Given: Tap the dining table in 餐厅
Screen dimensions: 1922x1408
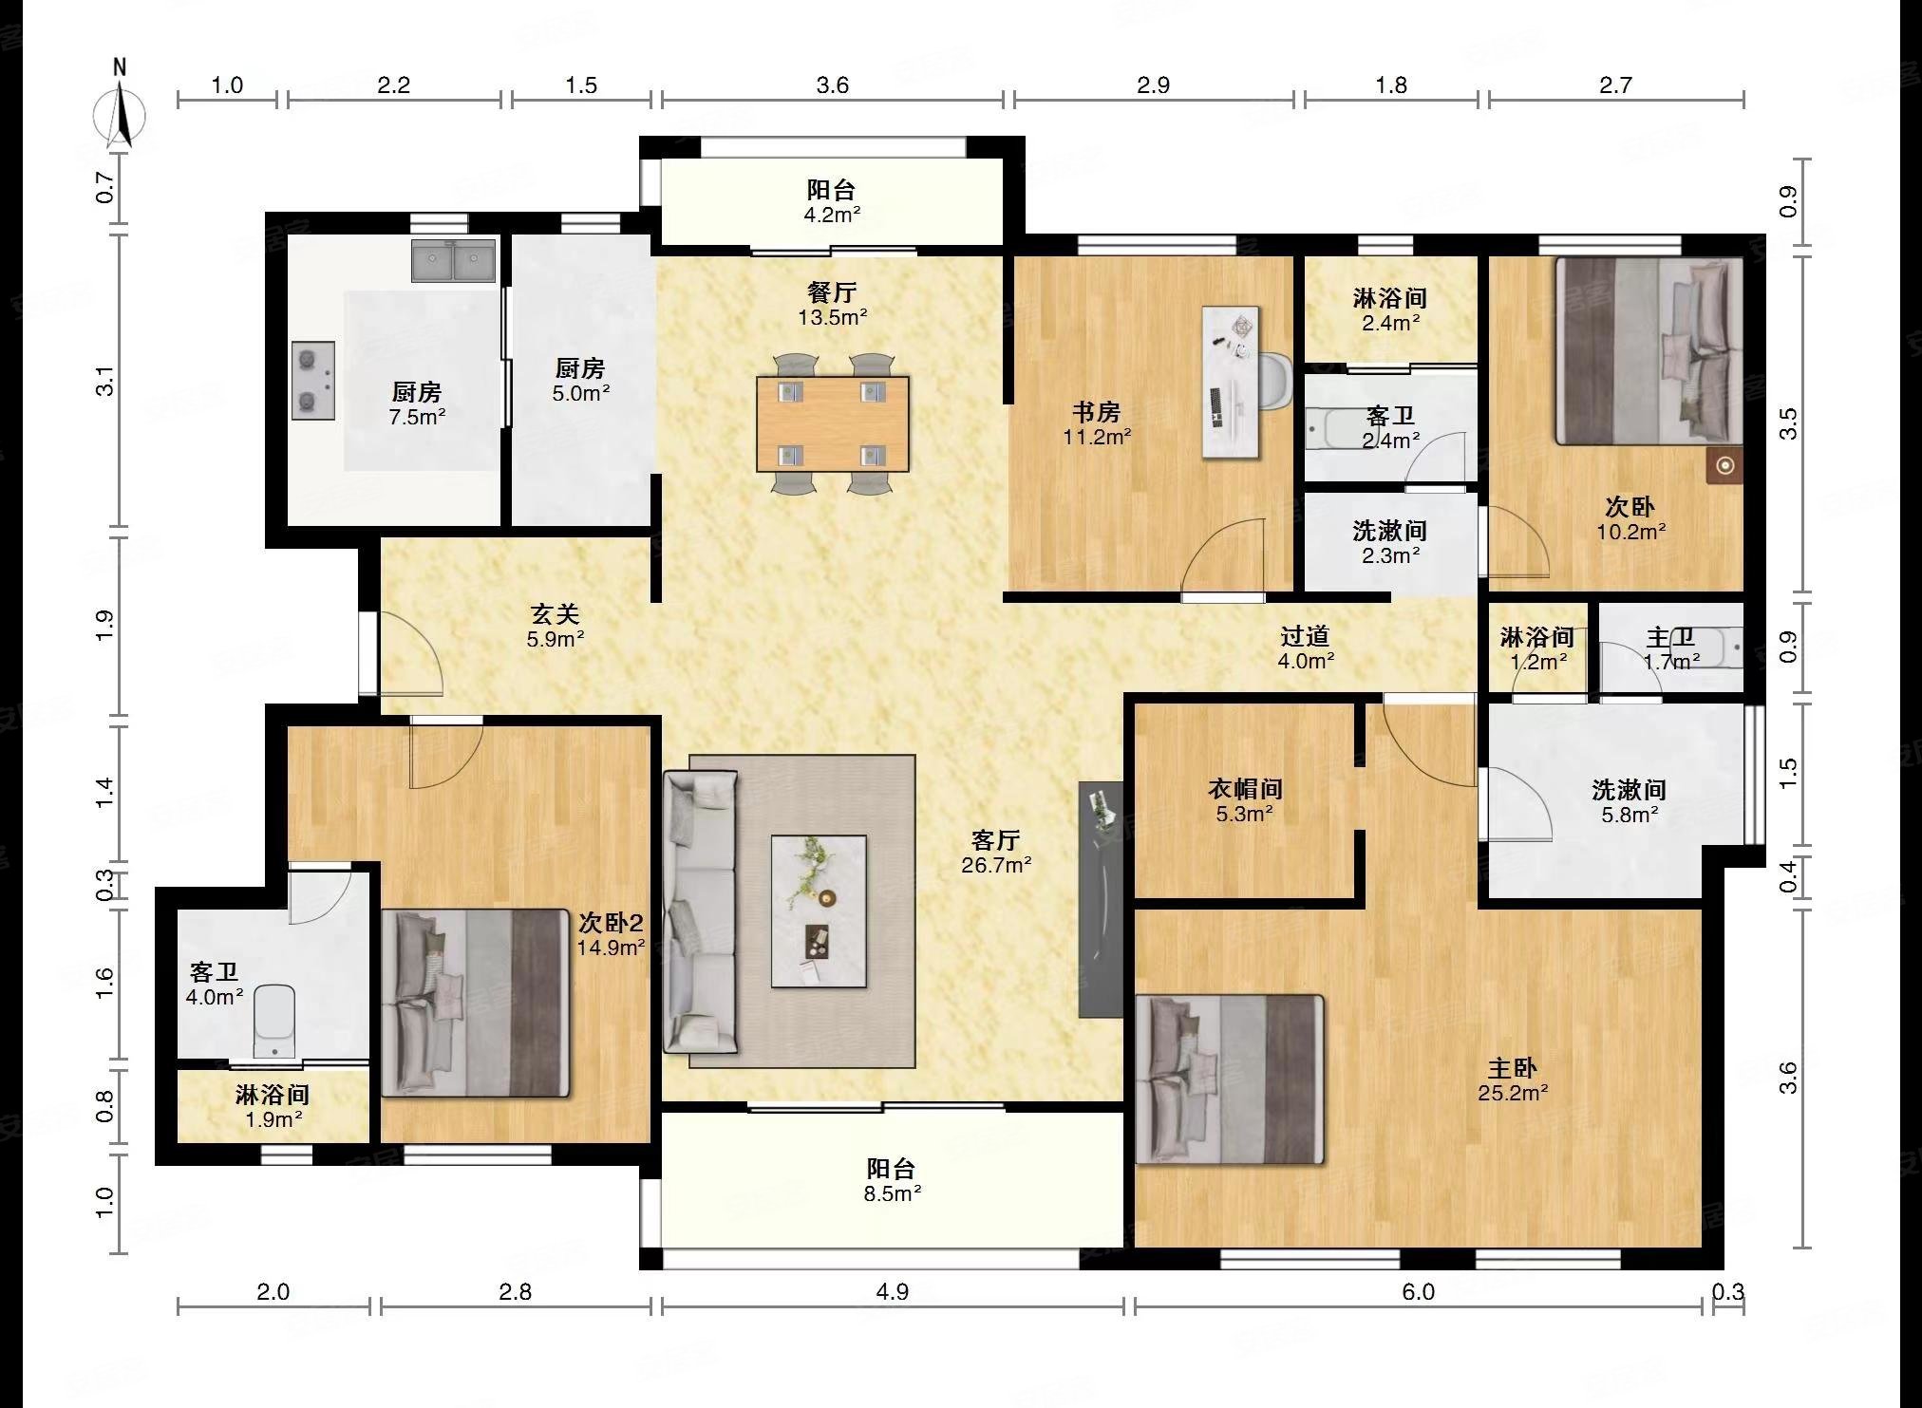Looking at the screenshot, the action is coord(833,424).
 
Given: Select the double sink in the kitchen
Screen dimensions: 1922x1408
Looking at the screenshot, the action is coord(454,261).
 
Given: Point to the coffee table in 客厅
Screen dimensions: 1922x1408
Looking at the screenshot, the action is coord(819,911).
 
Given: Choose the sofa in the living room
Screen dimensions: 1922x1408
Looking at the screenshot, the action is coord(700,911).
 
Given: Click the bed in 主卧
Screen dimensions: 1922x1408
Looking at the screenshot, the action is coord(1230,1079).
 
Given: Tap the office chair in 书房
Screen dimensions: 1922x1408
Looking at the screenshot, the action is coord(1274,382).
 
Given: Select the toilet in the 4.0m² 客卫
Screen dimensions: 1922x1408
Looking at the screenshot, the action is coord(274,1021).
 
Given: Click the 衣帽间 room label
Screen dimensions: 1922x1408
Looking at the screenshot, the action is coord(1245,789).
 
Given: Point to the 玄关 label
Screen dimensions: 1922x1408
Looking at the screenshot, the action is coord(555,615).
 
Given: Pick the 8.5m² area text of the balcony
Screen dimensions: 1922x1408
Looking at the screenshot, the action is coord(892,1194).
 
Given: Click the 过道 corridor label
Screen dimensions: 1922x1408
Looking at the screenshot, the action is coord(1305,636).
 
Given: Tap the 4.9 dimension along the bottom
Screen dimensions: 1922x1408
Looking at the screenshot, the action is coord(893,1291).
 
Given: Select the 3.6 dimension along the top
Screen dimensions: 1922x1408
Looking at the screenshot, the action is coord(833,85).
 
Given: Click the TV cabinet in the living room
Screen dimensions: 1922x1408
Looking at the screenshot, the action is coord(1101,899).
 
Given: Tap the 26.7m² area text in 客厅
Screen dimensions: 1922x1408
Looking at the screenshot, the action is coord(995,865).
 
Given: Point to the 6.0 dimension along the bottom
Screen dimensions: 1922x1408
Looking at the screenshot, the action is coord(1418,1291).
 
